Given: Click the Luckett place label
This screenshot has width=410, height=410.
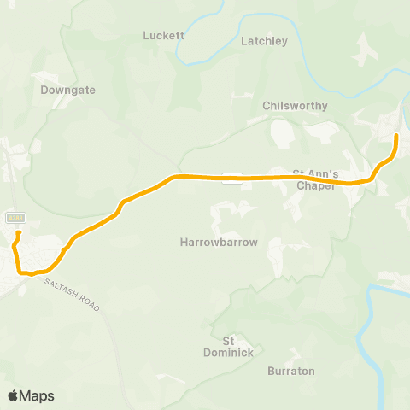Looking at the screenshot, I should tap(164, 36).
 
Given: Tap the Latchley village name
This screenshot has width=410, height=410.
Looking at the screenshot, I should tap(265, 40).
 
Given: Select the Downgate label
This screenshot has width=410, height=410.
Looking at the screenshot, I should tap(68, 89).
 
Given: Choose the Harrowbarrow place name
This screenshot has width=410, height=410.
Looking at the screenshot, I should tap(219, 243).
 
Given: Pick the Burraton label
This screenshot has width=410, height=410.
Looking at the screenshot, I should tap(291, 371).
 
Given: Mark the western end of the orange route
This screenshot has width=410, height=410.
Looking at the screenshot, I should tap(18, 231).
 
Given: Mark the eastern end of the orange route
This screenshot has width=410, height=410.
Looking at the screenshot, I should tap(396, 135).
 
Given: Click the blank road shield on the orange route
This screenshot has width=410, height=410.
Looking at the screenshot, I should tap(231, 178).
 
